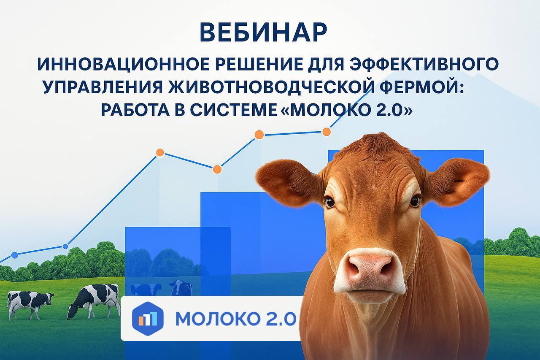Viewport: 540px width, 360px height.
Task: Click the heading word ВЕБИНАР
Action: pos(264,32)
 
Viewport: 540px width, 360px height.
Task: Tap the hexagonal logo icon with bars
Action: pos(148,319)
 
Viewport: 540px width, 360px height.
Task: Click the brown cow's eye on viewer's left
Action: pos(329,202)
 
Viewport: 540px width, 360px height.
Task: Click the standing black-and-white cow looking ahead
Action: pos(29,305)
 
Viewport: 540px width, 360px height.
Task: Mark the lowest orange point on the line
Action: pos(217,170)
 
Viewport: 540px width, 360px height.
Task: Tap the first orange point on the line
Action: pos(160,152)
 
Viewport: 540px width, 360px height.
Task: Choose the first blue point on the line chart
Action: pos(15,255)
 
